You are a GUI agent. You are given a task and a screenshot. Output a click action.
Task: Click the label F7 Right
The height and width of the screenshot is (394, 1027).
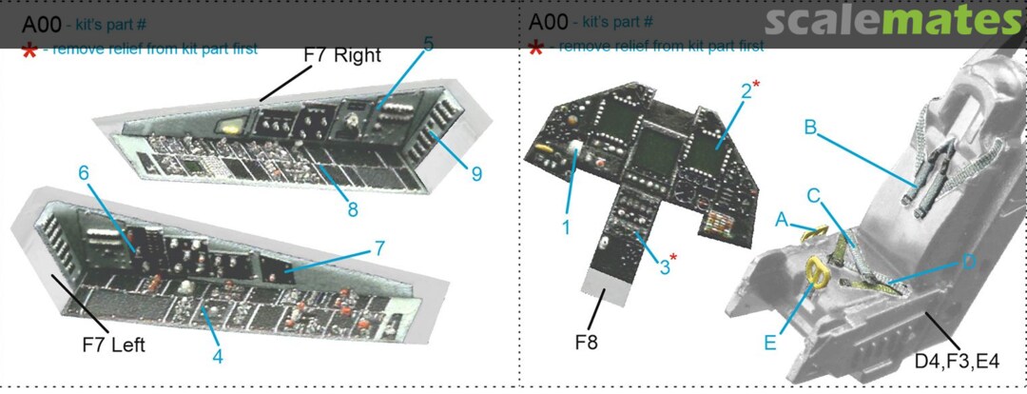341,55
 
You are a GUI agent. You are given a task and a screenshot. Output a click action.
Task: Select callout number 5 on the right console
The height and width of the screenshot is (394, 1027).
428,44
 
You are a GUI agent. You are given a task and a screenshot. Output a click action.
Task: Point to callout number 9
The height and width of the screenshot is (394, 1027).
475,173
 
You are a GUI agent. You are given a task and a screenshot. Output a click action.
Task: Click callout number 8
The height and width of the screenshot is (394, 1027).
352,209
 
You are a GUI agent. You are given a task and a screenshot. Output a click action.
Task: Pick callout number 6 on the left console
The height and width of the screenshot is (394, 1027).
84,173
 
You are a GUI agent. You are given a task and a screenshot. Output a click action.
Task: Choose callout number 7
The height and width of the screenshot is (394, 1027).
378,248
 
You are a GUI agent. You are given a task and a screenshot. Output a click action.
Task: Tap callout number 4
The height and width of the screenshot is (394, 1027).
218,358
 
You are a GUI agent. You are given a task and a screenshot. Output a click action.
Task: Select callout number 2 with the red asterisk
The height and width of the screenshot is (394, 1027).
745,91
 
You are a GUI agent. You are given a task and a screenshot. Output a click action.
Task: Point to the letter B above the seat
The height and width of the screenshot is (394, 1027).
811,127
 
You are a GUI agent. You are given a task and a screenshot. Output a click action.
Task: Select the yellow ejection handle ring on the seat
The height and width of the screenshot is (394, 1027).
817,273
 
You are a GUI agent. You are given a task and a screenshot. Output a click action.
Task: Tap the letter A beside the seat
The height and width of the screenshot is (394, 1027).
781,220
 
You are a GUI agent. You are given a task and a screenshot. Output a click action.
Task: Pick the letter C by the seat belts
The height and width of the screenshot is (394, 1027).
814,195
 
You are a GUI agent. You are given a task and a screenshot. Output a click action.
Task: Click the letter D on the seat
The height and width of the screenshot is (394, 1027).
966,262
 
